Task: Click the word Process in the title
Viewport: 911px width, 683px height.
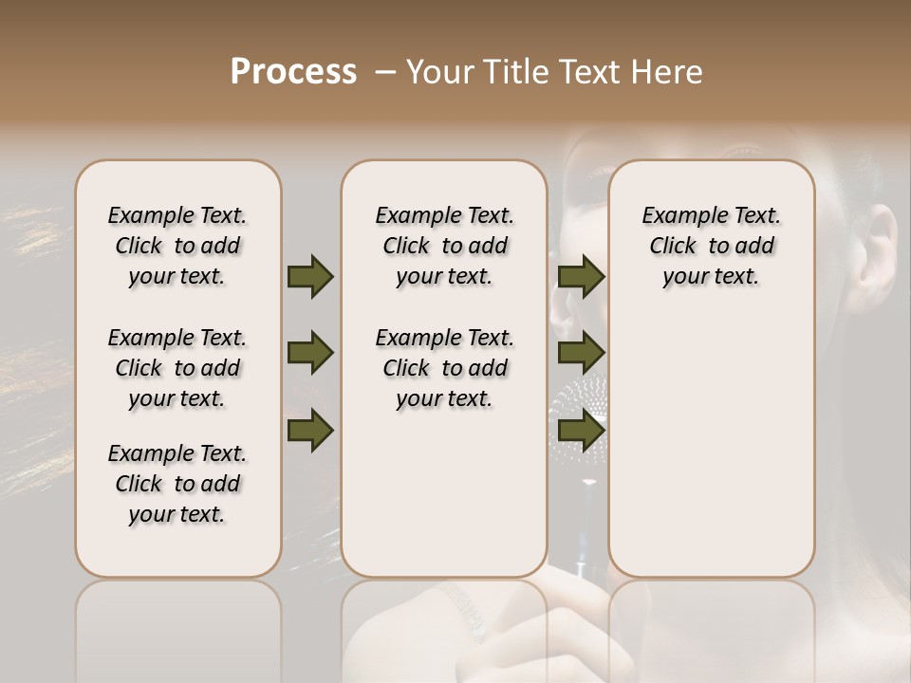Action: coord(293,72)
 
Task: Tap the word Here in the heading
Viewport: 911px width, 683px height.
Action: coord(667,72)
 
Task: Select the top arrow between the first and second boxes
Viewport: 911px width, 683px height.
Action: coord(310,276)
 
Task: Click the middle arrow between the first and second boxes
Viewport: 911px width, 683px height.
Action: coord(310,354)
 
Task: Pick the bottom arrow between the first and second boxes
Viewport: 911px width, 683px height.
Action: coord(310,431)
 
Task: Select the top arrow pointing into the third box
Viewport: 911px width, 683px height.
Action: coord(582,276)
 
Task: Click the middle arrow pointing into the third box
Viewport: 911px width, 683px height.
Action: coord(582,354)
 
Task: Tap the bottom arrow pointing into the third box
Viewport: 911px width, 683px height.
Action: coord(582,431)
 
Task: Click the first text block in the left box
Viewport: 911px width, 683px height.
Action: coord(177,246)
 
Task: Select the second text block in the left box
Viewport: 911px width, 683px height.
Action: coord(177,368)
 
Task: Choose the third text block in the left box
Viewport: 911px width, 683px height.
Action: coord(177,484)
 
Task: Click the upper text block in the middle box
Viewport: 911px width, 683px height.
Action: coord(444,246)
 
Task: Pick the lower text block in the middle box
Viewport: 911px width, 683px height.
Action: coord(444,368)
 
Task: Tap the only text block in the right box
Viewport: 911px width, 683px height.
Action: coord(711,246)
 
